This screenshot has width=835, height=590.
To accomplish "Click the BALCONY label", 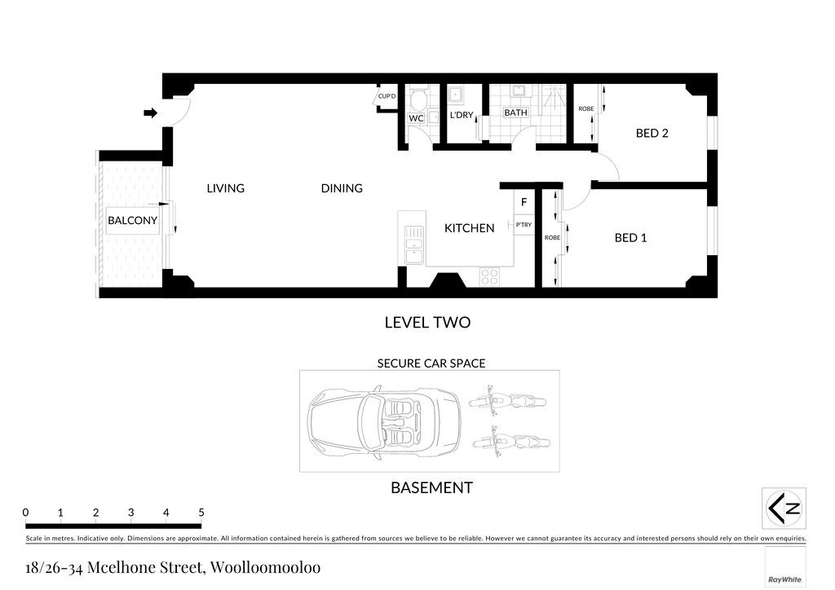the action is tap(133, 220).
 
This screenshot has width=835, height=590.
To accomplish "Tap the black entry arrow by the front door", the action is tap(151, 112).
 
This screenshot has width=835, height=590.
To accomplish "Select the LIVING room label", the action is tap(225, 188).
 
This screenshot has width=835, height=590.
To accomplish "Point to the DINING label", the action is tap(342, 188).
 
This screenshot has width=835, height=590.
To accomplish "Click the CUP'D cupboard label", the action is tap(387, 96).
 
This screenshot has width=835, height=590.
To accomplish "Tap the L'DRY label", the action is tap(462, 115).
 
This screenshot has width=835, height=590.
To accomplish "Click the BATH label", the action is tap(515, 112).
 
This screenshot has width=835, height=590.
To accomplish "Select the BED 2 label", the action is tap(652, 133).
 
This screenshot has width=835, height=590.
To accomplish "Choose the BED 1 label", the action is tap(630, 238).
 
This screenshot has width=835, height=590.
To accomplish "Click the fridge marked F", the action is tap(524, 202).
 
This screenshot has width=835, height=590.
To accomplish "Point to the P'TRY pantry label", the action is tap(524, 225).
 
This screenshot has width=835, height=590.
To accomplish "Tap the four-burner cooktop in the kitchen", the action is tap(490, 276).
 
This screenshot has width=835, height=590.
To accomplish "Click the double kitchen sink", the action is tap(413, 245).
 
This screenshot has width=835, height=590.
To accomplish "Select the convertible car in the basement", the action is tap(384, 422).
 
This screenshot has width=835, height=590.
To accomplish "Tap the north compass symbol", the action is tap(784, 508).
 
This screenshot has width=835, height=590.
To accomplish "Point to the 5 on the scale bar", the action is tap(201, 513).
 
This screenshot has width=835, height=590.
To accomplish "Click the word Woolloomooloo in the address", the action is tap(265, 567).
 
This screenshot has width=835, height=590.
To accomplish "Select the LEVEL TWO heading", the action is tap(427, 323).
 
